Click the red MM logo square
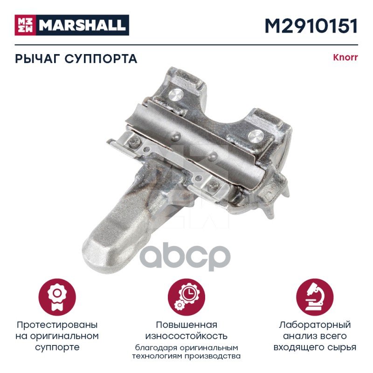(25, 25)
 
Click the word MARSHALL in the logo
(83, 25)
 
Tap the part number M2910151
(311, 26)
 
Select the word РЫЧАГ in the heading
(38, 59)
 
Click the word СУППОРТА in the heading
(101, 59)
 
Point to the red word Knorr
(345, 57)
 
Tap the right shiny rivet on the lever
(256, 136)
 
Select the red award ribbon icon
(57, 297)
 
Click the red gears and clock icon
(186, 297)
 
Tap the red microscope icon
(315, 297)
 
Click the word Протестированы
(57, 325)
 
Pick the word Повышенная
(186, 325)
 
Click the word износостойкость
(186, 336)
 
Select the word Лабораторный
(315, 325)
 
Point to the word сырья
(342, 347)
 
